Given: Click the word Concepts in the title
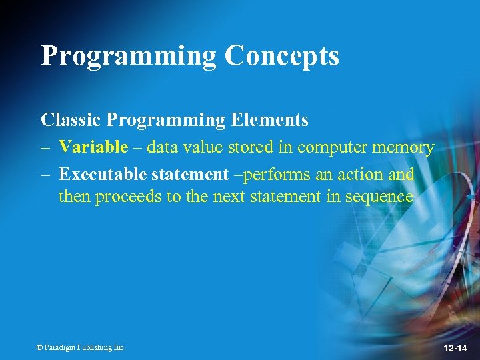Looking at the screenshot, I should click(281, 57).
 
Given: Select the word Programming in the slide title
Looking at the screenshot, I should click(129, 57).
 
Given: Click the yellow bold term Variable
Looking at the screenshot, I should click(93, 147).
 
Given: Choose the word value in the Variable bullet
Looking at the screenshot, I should click(204, 147).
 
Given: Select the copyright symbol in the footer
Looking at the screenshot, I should click(39, 347).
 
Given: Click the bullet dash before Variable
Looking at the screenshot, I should click(45, 147).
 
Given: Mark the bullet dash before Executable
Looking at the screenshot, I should click(45, 175).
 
